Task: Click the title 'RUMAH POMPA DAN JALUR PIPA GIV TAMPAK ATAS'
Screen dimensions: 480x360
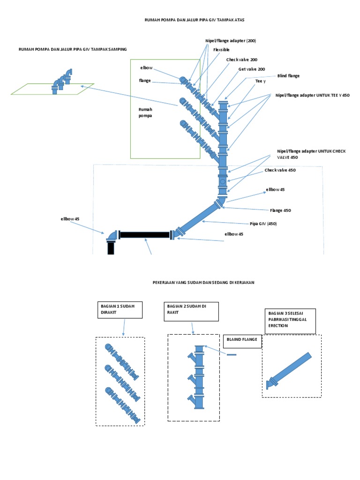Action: point(194,20)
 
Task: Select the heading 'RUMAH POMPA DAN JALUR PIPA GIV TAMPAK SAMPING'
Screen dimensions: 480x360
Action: point(73,49)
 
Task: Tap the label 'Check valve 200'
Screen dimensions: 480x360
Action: point(241,60)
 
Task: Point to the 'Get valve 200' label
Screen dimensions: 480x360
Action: point(251,69)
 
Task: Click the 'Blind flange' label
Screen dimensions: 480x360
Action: point(288,75)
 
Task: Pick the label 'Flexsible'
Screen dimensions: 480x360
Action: point(221,50)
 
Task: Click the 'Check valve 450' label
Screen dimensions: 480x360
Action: point(280,170)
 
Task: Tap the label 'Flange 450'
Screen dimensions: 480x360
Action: point(280,210)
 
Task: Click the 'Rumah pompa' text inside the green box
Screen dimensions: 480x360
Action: point(146,112)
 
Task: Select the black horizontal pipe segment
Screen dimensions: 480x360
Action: point(144,234)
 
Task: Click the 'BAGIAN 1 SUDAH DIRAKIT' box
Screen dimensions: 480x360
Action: point(120,310)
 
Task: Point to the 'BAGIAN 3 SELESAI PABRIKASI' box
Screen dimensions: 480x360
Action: point(290,321)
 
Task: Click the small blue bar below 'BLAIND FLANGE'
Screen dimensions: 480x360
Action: point(231,355)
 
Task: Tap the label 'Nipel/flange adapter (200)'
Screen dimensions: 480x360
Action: point(231,41)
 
